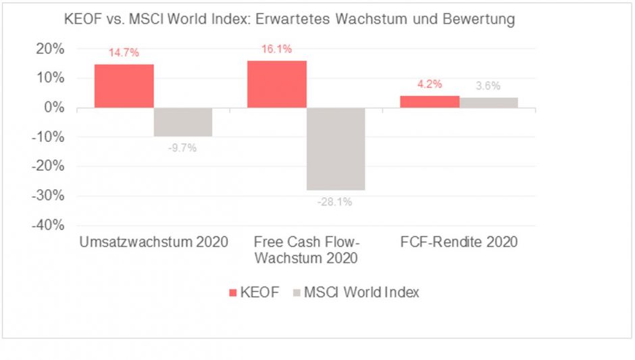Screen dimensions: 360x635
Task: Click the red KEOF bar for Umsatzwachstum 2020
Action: pyautogui.click(x=124, y=86)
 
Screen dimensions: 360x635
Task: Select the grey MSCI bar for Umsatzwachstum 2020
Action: pyautogui.click(x=183, y=122)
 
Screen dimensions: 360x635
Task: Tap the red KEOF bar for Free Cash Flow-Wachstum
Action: pyautogui.click(x=276, y=84)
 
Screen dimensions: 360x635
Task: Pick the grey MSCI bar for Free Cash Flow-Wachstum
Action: pyautogui.click(x=336, y=149)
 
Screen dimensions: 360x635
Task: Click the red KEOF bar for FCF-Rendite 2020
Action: pyautogui.click(x=430, y=101)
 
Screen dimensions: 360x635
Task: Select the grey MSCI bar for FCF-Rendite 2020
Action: pyautogui.click(x=488, y=103)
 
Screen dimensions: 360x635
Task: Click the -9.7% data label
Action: pyautogui.click(x=182, y=147)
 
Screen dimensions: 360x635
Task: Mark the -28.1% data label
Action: pyautogui.click(x=335, y=201)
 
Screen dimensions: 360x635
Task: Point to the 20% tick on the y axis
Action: pyautogui.click(x=50, y=49)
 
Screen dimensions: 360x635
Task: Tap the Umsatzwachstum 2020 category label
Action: pyautogui.click(x=153, y=242)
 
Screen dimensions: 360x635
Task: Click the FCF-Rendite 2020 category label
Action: pyautogui.click(x=459, y=242)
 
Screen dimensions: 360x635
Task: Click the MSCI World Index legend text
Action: pyautogui.click(x=361, y=292)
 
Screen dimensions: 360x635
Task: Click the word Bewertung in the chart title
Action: pyautogui.click(x=476, y=20)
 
